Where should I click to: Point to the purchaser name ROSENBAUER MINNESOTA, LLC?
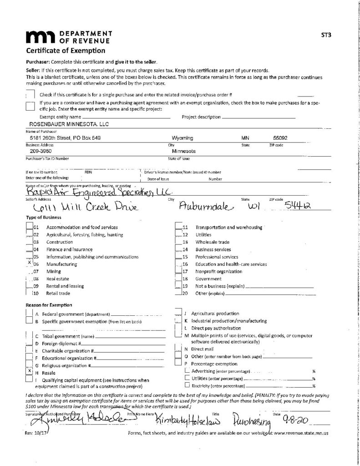point(69,124)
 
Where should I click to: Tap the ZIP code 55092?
point(280,138)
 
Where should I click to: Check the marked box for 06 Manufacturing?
point(29,264)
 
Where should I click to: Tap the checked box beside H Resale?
point(29,371)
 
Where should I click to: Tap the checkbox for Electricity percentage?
point(188,386)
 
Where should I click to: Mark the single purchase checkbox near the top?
point(30,94)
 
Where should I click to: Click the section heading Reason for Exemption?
point(50,304)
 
